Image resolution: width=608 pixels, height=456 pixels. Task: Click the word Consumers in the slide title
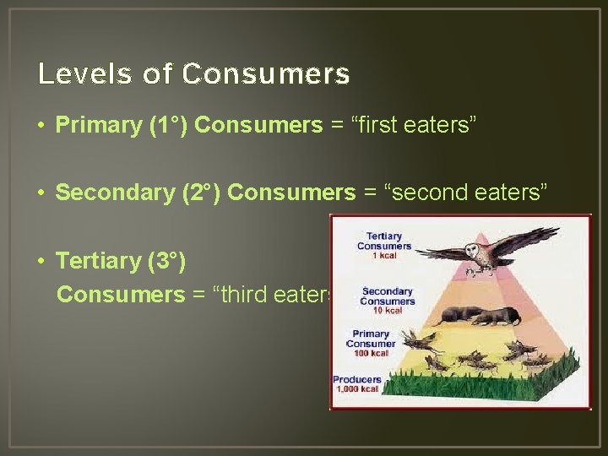[x=265, y=74]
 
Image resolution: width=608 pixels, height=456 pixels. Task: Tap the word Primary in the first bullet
[x=98, y=126]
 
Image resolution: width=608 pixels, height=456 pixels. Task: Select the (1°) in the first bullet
[x=167, y=126]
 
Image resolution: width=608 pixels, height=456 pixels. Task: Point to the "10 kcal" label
[x=387, y=310]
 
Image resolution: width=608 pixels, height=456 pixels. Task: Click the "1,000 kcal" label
[x=357, y=388]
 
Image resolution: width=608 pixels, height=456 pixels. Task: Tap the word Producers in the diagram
[x=357, y=379]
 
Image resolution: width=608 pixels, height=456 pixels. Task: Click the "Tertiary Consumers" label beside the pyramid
[x=383, y=241]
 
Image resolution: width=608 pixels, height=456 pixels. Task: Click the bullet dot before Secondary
[x=41, y=193]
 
